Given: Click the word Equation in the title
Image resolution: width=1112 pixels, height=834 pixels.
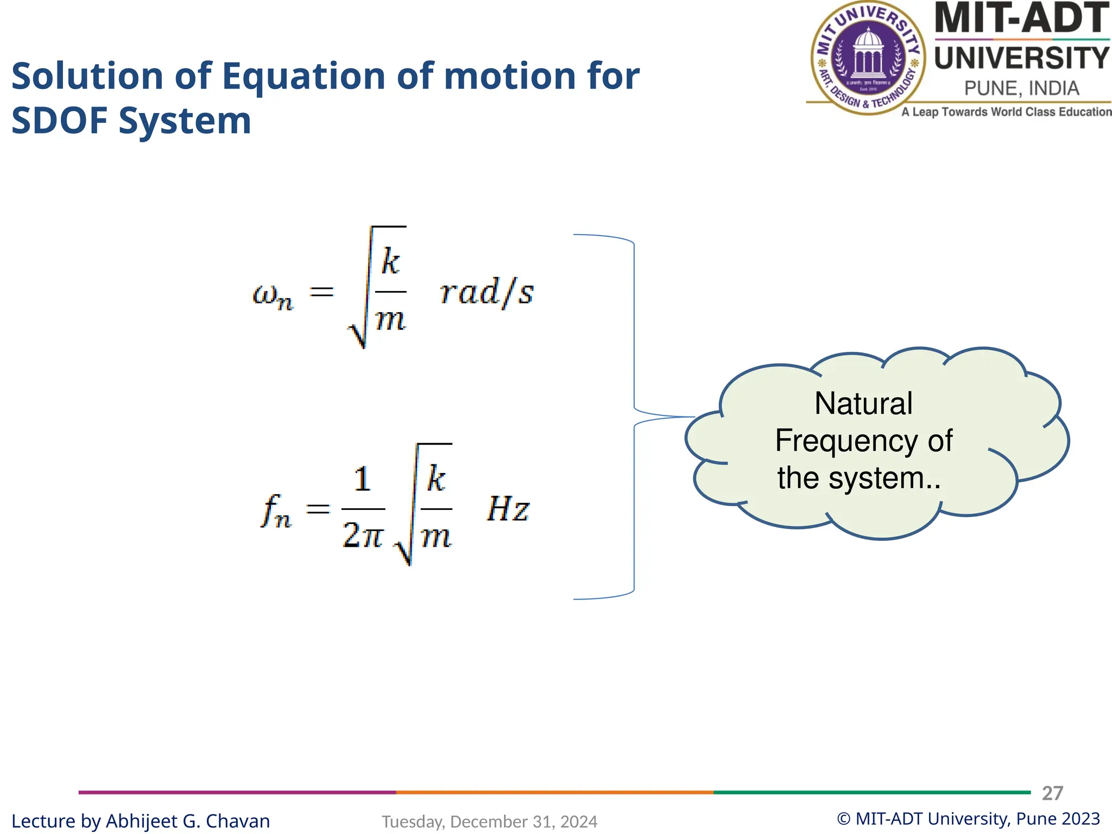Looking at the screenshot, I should click(x=304, y=76).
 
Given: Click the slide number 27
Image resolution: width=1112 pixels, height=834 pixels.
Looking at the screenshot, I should click(x=1052, y=793).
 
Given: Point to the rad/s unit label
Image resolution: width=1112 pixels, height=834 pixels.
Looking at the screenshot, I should click(x=486, y=293).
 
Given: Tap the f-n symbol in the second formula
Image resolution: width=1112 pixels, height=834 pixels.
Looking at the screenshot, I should click(x=276, y=511).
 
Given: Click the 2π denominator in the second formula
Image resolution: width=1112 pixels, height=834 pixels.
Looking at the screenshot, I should click(x=363, y=536).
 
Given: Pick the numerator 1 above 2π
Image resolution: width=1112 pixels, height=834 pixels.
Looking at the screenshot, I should click(x=362, y=480).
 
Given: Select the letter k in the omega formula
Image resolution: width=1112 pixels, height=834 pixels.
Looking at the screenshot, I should click(x=390, y=262).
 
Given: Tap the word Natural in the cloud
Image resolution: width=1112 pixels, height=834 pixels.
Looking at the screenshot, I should click(x=863, y=403).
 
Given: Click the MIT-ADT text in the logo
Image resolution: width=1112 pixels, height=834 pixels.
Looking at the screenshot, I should click(x=1021, y=18).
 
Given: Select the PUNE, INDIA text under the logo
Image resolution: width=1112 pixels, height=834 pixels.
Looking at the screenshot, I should click(x=1021, y=88).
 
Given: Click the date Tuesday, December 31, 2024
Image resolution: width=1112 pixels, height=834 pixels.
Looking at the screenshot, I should click(x=489, y=822).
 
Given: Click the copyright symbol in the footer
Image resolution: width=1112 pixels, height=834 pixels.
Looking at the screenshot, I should click(x=843, y=819).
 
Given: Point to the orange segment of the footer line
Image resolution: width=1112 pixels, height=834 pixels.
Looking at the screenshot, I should click(x=554, y=792).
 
